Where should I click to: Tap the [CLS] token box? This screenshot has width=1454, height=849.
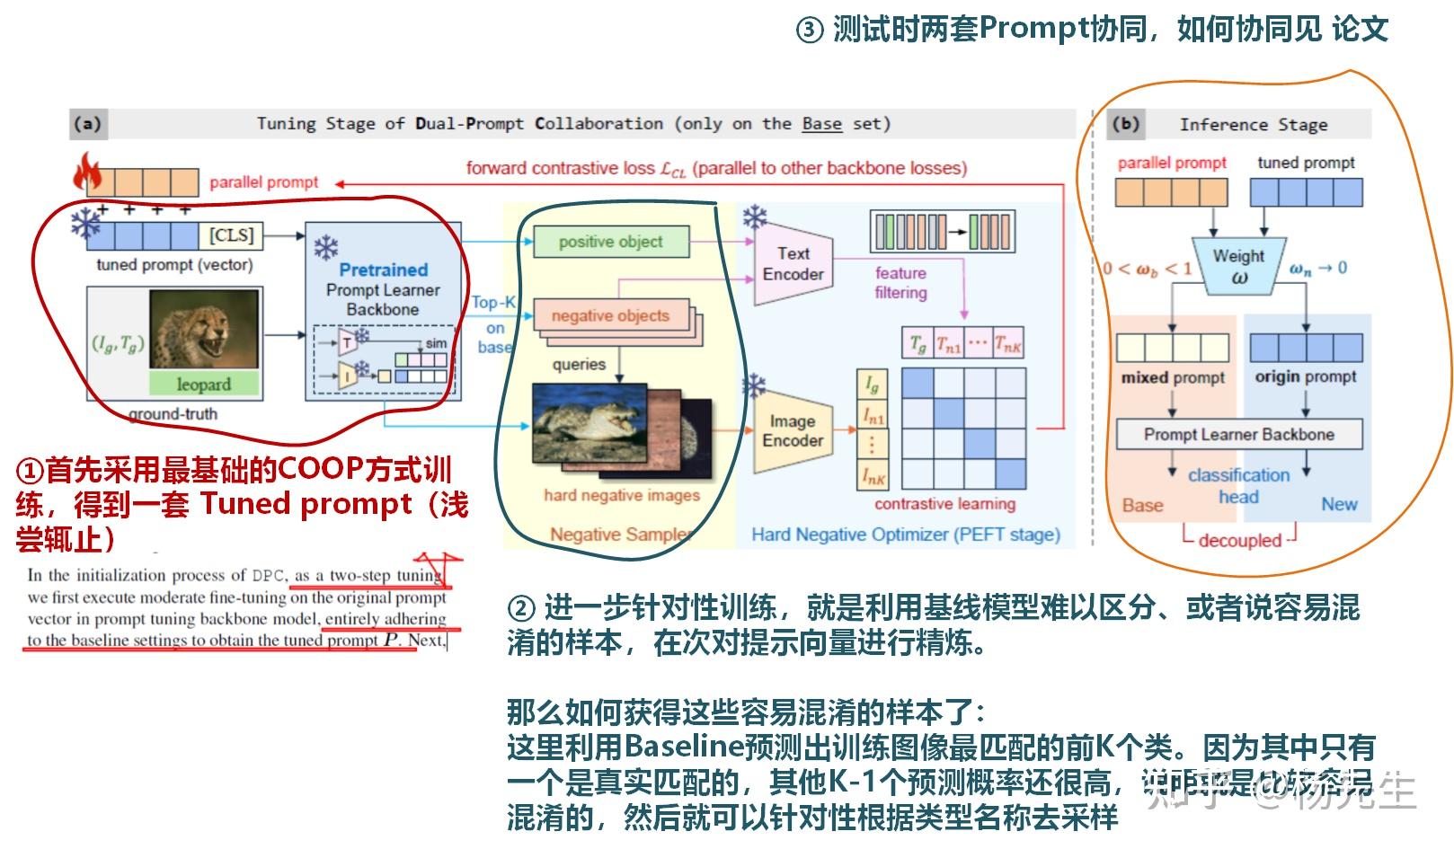(x=231, y=235)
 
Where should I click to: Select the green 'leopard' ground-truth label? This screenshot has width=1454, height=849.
(x=204, y=385)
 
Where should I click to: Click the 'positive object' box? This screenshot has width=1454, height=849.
(x=611, y=242)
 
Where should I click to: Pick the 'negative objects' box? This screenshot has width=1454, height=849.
(x=611, y=315)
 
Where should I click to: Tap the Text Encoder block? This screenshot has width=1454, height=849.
(x=793, y=264)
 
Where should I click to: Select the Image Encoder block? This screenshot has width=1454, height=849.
(x=792, y=431)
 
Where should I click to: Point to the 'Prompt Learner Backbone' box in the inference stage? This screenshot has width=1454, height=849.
(x=1238, y=435)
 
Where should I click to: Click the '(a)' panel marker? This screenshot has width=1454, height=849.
(x=87, y=124)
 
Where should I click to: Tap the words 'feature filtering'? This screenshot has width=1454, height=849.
(x=900, y=283)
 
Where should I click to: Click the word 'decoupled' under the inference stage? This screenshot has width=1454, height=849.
(x=1239, y=541)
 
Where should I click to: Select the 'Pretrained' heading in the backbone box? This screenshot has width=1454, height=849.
(x=384, y=270)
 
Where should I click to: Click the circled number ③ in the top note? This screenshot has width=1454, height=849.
(x=809, y=31)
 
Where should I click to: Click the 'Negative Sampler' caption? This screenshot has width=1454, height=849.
(x=620, y=535)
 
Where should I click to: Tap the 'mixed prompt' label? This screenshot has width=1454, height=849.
(x=1172, y=378)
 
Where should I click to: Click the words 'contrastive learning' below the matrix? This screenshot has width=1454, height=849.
(x=944, y=504)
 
